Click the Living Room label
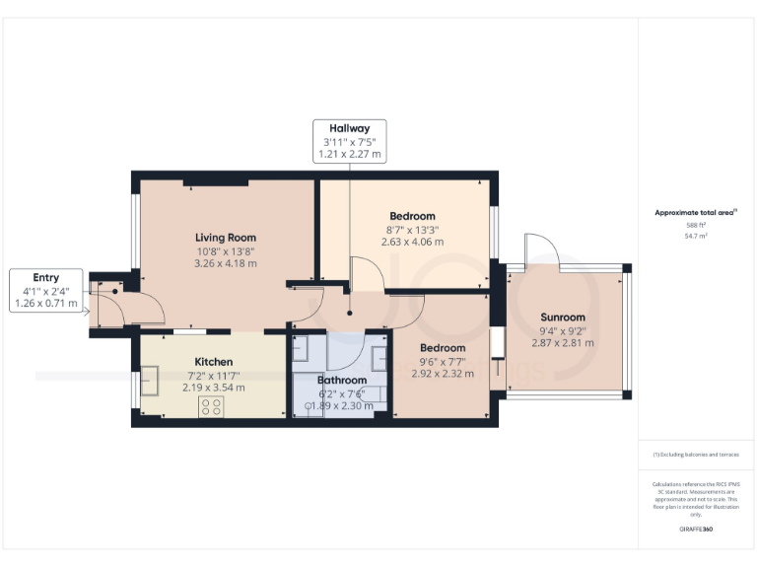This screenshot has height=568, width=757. pyautogui.click(x=226, y=238)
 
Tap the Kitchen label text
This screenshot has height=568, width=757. pyautogui.click(x=214, y=361)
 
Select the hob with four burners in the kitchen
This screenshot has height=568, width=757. pyautogui.click(x=212, y=406)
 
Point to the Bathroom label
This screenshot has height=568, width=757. pyautogui.click(x=342, y=380)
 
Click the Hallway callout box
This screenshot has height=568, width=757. pyautogui.click(x=349, y=141)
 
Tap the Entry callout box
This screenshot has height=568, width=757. pyautogui.click(x=46, y=291)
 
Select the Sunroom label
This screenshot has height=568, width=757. pyautogui.click(x=563, y=317)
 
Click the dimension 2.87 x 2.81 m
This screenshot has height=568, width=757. pyautogui.click(x=563, y=342)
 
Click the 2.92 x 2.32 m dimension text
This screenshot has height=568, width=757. pyautogui.click(x=443, y=374)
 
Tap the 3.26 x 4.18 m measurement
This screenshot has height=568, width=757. pyautogui.click(x=226, y=263)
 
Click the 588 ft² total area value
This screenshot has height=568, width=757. pyautogui.click(x=696, y=226)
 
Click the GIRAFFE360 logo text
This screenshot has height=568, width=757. pyautogui.click(x=696, y=531)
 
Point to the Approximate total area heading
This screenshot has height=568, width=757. pyautogui.click(x=695, y=212)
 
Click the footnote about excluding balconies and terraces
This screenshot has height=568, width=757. pyautogui.click(x=696, y=455)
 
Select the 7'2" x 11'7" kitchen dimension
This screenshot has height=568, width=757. pyautogui.click(x=214, y=375)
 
